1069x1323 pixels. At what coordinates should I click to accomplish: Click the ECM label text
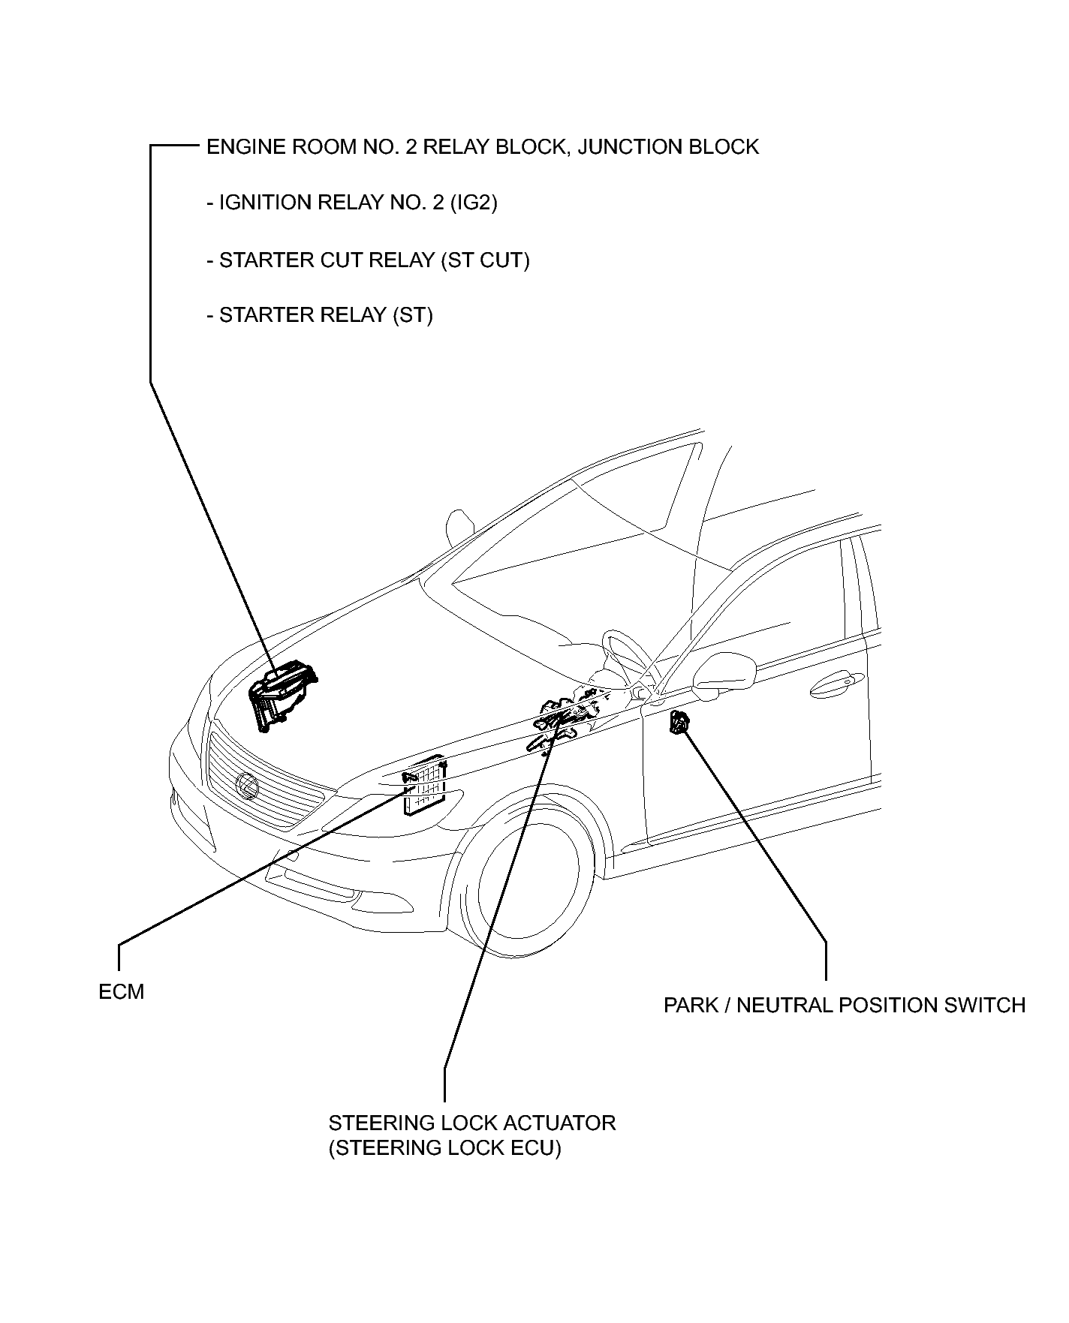click(121, 992)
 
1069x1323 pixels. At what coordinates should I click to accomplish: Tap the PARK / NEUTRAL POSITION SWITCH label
click(844, 1005)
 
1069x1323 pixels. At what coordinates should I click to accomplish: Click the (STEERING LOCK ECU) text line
click(444, 1148)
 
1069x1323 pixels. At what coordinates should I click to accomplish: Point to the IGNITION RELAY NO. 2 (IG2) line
click(351, 203)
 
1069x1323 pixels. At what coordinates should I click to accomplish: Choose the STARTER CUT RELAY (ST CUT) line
click(368, 260)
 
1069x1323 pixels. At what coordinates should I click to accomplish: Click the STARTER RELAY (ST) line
click(319, 315)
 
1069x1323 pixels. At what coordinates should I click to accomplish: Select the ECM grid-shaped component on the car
click(425, 788)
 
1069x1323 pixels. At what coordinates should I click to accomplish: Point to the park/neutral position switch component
click(679, 723)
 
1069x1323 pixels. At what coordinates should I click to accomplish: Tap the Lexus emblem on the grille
click(246, 785)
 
